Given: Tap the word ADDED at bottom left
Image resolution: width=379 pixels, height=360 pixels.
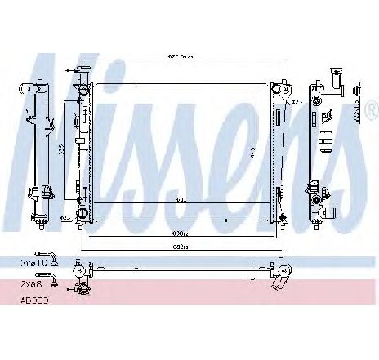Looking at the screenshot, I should coord(33,301).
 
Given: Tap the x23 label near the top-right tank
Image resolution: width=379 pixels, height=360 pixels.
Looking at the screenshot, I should coord(297,101).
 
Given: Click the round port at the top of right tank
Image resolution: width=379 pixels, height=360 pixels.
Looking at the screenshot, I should coord(278,88).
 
